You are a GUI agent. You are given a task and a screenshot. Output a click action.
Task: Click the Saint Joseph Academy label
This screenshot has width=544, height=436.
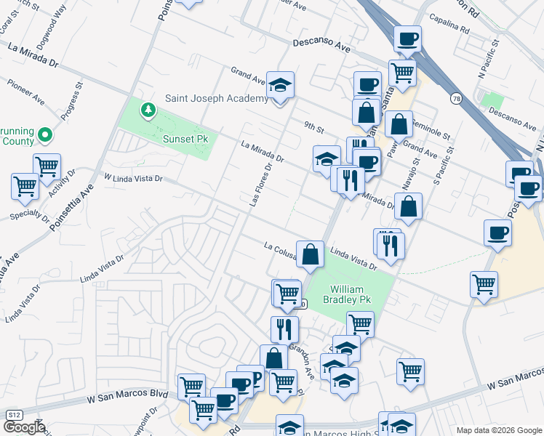217,98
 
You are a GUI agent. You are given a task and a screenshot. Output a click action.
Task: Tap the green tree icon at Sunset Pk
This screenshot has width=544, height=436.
148,110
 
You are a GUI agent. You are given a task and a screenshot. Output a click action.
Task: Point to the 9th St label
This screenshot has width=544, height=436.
313,126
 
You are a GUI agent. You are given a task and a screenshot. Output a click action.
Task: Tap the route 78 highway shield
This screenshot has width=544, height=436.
456,99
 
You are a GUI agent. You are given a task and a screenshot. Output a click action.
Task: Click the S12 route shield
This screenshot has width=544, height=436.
12,414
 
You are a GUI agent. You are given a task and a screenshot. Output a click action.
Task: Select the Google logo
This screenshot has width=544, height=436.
23,427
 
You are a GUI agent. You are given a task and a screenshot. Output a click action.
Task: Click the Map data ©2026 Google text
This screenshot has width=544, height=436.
498,430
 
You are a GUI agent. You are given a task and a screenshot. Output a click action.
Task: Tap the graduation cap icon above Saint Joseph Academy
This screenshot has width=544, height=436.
280,85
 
